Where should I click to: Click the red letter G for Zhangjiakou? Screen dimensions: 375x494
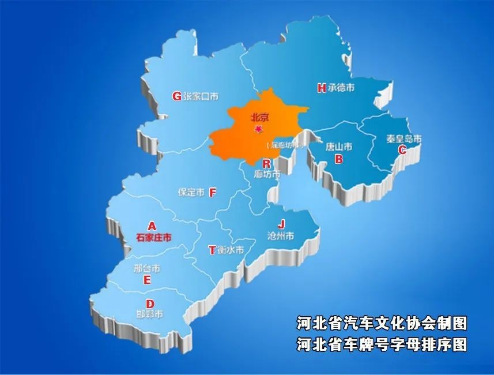tap(177, 96)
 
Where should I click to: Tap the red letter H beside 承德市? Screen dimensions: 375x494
tap(322, 88)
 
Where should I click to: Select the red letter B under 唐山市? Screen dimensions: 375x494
tap(339, 159)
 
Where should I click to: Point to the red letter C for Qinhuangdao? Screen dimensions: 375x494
tap(402, 149)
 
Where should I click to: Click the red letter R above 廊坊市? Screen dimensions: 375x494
tap(266, 163)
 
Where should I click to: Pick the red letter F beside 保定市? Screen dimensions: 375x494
tap(212, 192)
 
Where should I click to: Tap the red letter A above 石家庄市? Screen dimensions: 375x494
tap(152, 226)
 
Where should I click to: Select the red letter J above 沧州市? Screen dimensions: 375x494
tap(281, 224)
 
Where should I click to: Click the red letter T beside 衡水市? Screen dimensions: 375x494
tap(212, 250)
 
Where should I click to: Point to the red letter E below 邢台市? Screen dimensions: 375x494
tap(147, 280)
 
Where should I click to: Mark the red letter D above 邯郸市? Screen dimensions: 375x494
tap(150, 304)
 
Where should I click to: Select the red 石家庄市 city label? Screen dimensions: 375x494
tap(154, 237)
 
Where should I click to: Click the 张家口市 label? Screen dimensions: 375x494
tap(201, 97)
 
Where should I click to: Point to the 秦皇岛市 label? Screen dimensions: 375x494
tap(404, 139)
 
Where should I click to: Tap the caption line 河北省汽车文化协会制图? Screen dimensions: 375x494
tap(382, 323)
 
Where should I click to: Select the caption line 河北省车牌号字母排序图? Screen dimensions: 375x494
tap(382, 344)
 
